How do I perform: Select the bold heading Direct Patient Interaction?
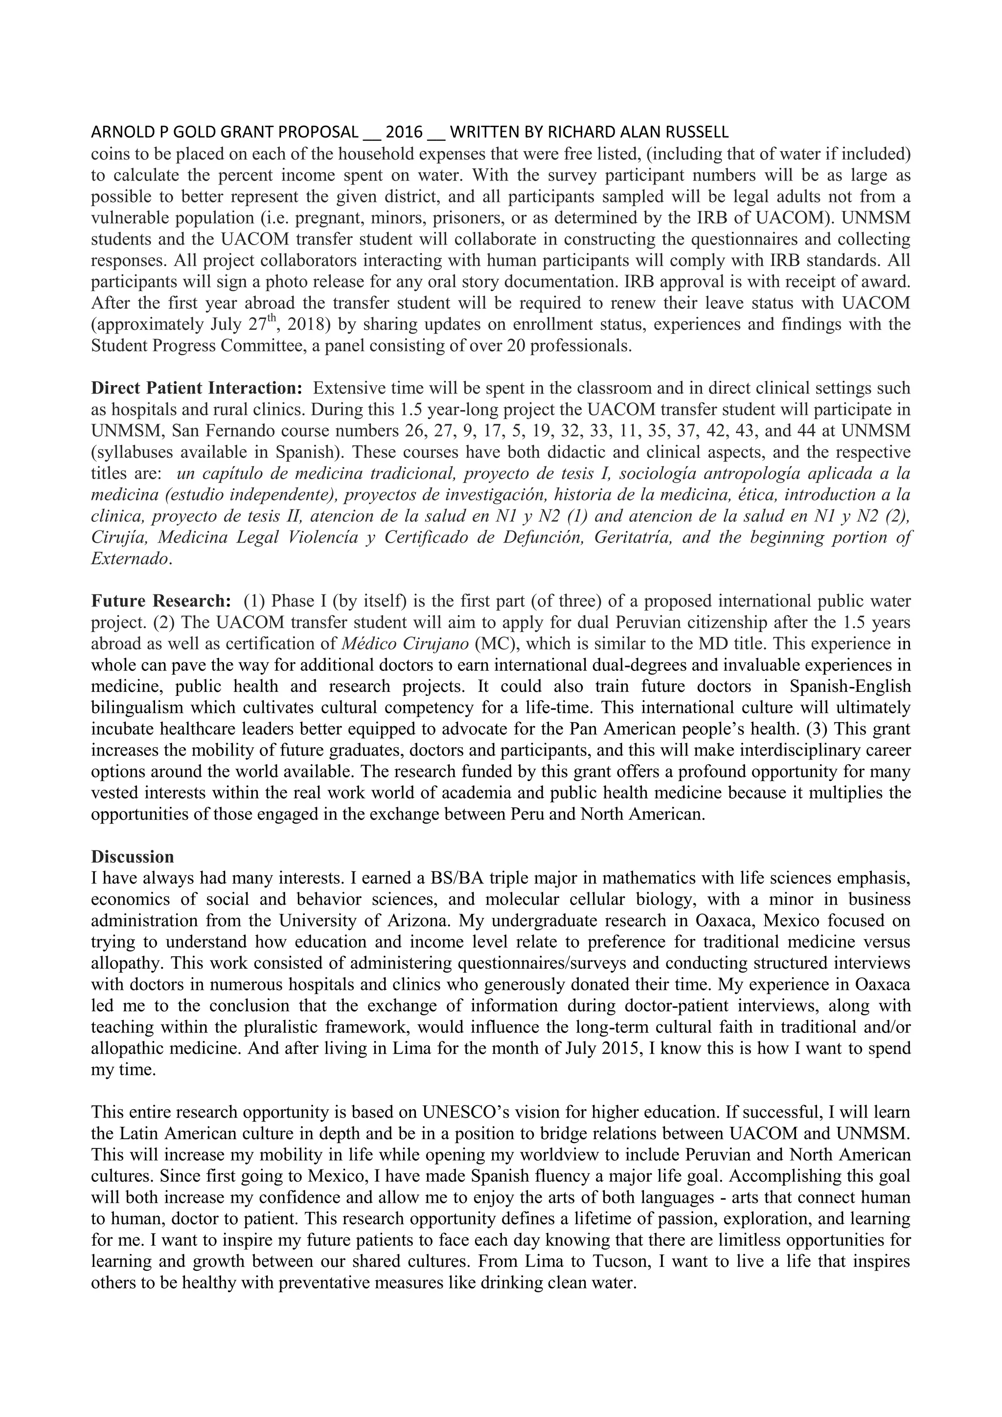tap(197, 388)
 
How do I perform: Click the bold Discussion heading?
tap(133, 857)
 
